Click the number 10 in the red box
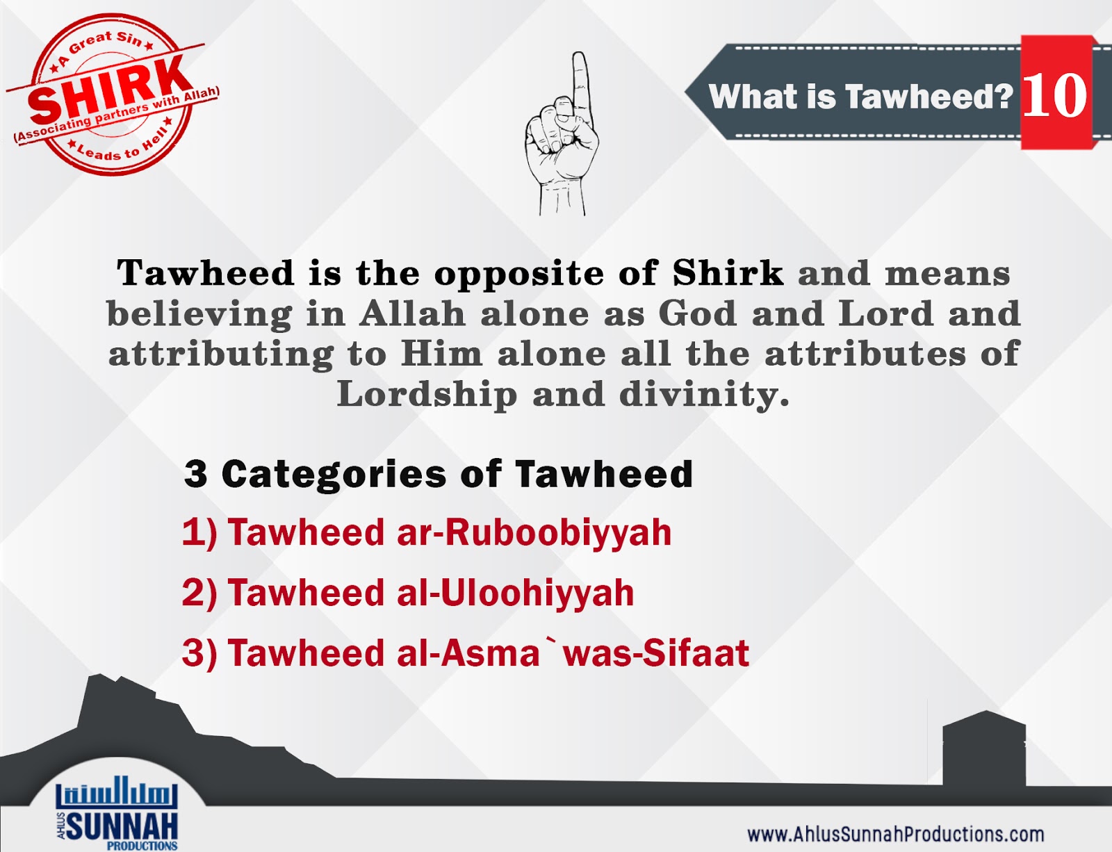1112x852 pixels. pyautogui.click(x=1055, y=95)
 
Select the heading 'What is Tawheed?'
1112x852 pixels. pyautogui.click(x=860, y=96)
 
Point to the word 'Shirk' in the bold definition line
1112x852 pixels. pyautogui.click(x=727, y=272)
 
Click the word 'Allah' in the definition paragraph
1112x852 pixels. pyautogui.click(x=412, y=313)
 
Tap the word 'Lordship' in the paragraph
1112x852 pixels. pyautogui.click(x=427, y=394)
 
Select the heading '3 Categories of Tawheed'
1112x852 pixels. pyautogui.click(x=439, y=474)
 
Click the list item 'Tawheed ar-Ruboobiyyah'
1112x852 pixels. pyautogui.click(x=427, y=533)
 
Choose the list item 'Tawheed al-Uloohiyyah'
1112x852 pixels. pyautogui.click(x=408, y=593)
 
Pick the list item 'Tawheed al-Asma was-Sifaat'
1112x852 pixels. pyautogui.click(x=466, y=653)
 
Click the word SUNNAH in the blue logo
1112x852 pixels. pyautogui.click(x=122, y=826)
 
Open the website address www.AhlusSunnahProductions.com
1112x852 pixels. pyautogui.click(x=895, y=834)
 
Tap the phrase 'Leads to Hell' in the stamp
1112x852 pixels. pyautogui.click(x=118, y=147)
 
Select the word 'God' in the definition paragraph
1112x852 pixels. pyautogui.click(x=696, y=313)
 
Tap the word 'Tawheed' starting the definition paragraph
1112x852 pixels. pyautogui.click(x=205, y=272)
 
